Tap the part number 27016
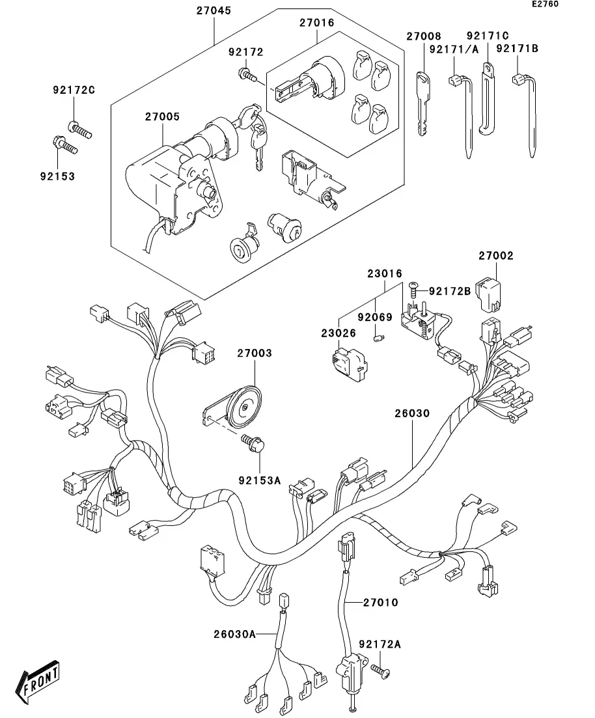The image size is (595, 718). [316, 23]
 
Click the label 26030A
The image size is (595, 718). [233, 633]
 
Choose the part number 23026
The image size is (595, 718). [338, 333]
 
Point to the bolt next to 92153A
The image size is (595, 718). [252, 445]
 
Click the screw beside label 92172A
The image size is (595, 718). [380, 670]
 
